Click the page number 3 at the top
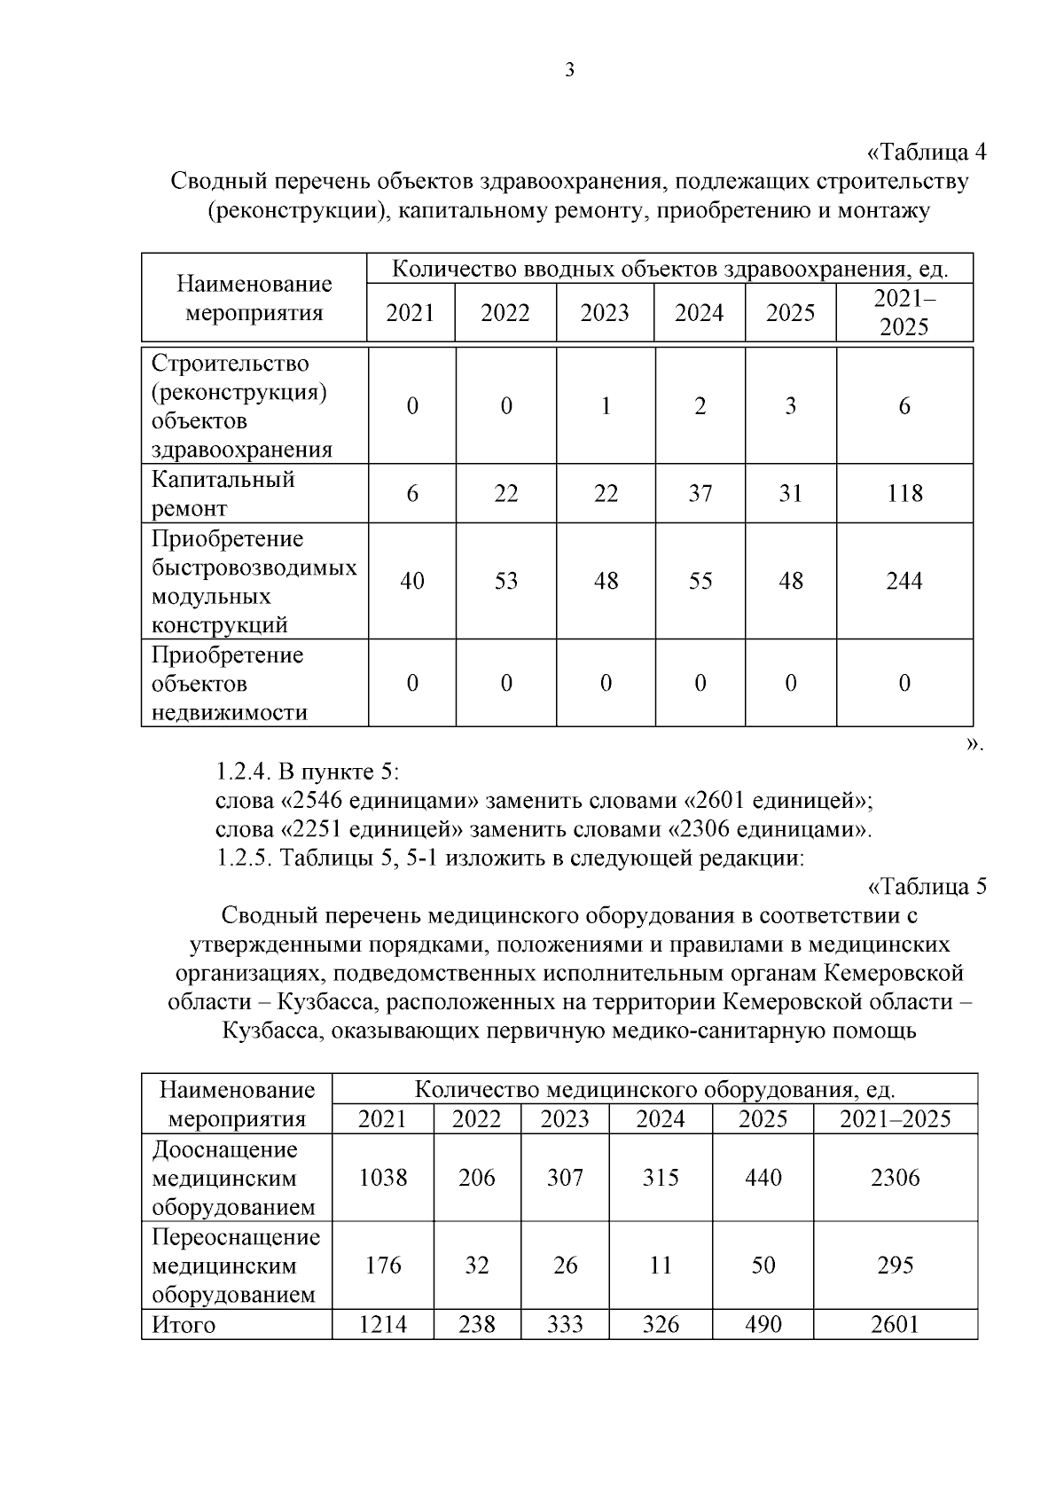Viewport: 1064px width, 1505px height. pos(569,71)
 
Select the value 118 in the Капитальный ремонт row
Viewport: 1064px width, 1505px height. pos(904,493)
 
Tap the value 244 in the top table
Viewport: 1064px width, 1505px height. pos(904,581)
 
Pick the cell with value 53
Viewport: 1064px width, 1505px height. pos(505,581)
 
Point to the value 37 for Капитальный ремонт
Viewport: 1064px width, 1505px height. pos(700,493)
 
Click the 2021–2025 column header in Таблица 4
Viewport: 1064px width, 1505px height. pos(904,312)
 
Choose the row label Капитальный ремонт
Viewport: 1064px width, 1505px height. pos(223,493)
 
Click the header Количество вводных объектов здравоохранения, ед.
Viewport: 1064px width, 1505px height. pos(670,269)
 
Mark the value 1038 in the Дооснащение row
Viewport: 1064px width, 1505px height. pos(383,1178)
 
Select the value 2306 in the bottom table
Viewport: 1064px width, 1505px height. pos(896,1178)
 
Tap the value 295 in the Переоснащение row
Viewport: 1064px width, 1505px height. pos(896,1265)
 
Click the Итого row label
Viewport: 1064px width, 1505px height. pos(184,1325)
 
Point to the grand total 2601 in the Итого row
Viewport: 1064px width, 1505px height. pos(896,1325)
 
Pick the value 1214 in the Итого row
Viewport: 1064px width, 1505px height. pos(383,1325)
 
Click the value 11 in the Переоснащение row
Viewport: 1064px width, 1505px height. pos(661,1265)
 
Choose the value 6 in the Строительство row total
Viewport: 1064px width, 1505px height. pos(904,406)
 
